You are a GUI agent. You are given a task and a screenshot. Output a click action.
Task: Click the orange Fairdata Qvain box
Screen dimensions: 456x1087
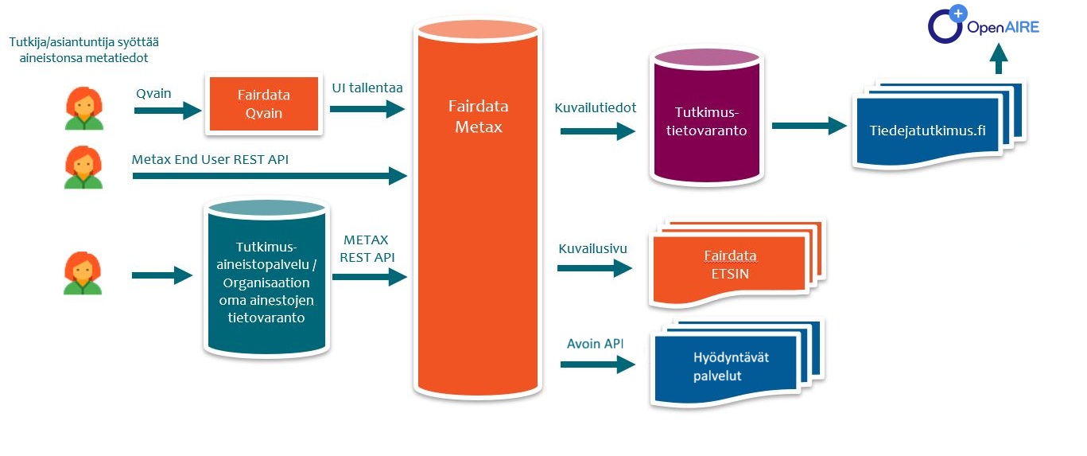pos(264,104)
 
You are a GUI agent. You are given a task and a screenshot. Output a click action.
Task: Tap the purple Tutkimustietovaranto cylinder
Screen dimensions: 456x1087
pos(700,119)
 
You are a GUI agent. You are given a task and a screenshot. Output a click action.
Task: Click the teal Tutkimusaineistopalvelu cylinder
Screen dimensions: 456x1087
pos(266,277)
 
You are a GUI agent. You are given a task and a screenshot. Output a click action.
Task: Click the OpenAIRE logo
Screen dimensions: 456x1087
pos(984,25)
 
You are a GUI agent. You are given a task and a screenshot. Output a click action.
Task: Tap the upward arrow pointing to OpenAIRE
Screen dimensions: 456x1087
pos(999,60)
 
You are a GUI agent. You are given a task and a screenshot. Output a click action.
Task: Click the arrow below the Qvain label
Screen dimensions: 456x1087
pos(168,111)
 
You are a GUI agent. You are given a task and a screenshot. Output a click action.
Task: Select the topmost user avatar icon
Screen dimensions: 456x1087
pos(83,108)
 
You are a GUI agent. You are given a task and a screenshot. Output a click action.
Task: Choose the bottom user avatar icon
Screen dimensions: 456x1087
pos(83,273)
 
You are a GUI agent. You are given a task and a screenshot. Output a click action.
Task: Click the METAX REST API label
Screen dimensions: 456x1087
pos(367,248)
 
